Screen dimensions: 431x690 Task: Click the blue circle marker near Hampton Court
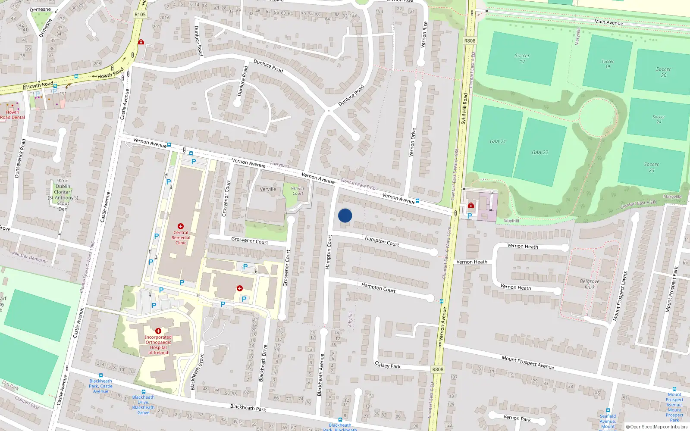coord(345,215)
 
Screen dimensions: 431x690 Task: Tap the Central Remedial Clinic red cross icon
coord(181,226)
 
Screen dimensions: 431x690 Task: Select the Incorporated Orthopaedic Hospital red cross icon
coord(158,331)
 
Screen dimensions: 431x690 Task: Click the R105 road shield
coord(140,14)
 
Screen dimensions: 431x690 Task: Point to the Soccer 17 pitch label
coord(522,59)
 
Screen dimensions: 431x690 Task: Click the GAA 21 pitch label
coord(498,141)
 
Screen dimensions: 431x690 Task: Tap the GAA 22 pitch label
coord(540,152)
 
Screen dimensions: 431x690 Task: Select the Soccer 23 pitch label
coord(651,167)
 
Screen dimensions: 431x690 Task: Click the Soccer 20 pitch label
coord(663,72)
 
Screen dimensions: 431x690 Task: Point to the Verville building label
coord(268,189)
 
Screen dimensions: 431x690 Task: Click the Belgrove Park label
coord(590,284)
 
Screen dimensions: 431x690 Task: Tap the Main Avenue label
coord(608,22)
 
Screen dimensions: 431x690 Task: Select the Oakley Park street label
coord(388,365)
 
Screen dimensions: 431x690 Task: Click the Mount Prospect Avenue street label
coord(527,362)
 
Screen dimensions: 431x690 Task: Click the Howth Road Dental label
coord(12,115)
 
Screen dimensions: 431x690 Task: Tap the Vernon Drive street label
coord(413,142)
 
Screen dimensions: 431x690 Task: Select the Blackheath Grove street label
coord(196,372)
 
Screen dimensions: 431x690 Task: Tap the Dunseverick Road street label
coord(20,158)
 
